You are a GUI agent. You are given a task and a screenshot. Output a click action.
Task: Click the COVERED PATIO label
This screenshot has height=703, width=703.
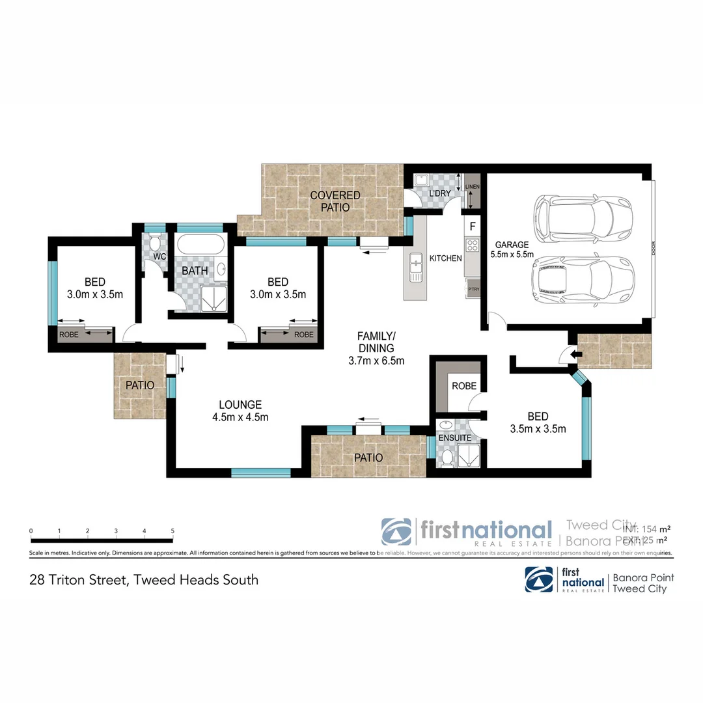(x=335, y=201)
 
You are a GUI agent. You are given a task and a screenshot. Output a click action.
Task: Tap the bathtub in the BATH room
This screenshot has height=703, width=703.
(x=200, y=247)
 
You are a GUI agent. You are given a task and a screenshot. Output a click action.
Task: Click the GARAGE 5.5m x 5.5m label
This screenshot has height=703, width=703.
(x=512, y=249)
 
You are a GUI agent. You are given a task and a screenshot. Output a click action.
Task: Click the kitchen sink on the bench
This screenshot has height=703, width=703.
(x=414, y=268)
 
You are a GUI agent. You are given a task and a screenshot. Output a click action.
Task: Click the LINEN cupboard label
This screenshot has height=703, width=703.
(x=473, y=187)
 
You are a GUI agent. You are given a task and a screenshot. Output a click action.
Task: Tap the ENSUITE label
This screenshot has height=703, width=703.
(x=454, y=437)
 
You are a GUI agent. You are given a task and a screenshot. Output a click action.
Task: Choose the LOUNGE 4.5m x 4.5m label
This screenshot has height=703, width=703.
(x=240, y=411)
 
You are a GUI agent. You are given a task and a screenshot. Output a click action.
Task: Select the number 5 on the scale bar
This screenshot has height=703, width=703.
(x=172, y=531)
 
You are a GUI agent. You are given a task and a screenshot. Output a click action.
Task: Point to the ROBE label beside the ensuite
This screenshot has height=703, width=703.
(x=463, y=385)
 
